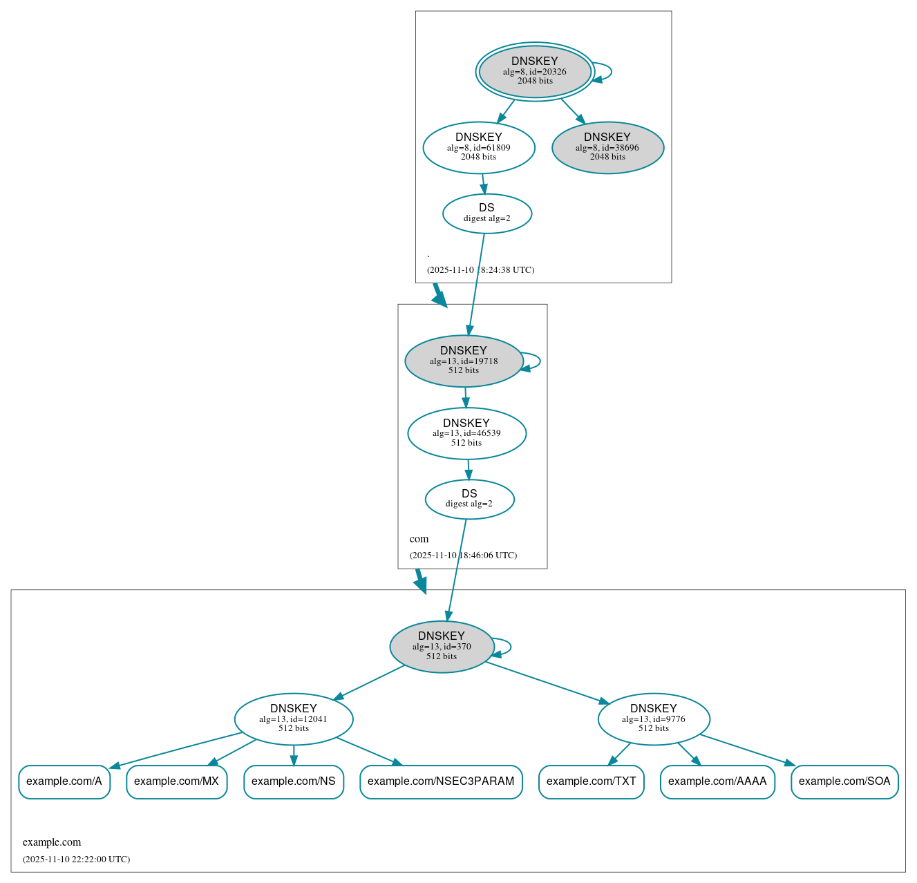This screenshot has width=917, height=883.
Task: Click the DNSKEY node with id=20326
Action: pos(535,71)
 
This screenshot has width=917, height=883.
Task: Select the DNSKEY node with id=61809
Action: pos(479,147)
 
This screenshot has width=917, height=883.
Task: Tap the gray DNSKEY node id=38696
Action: pos(607,147)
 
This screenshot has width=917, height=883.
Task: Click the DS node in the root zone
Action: pos(487,213)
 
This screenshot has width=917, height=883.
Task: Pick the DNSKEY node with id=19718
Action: pos(464,361)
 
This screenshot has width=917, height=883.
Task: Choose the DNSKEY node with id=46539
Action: pos(466,433)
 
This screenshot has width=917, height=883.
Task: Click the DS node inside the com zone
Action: pos(469,499)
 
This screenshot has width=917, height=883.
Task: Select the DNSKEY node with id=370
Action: pos(442,647)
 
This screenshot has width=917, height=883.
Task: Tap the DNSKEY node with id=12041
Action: pos(294,719)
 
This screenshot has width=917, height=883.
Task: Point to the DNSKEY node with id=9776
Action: pos(654,719)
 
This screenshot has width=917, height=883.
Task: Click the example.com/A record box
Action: pos(64,781)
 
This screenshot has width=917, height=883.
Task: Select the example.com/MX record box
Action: pos(176,781)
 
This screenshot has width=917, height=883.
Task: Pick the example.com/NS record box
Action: pos(294,781)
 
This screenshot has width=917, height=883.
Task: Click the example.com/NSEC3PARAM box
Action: pos(441,781)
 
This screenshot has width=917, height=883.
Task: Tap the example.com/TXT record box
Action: pos(592,781)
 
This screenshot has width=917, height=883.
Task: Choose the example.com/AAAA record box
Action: pos(717,781)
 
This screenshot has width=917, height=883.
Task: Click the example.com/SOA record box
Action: pos(844,781)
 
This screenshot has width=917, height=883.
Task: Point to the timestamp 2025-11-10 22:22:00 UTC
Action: pos(76,860)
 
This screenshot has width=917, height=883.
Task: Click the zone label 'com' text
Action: pos(419,539)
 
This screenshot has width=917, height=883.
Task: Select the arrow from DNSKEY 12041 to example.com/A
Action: pos(176,750)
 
